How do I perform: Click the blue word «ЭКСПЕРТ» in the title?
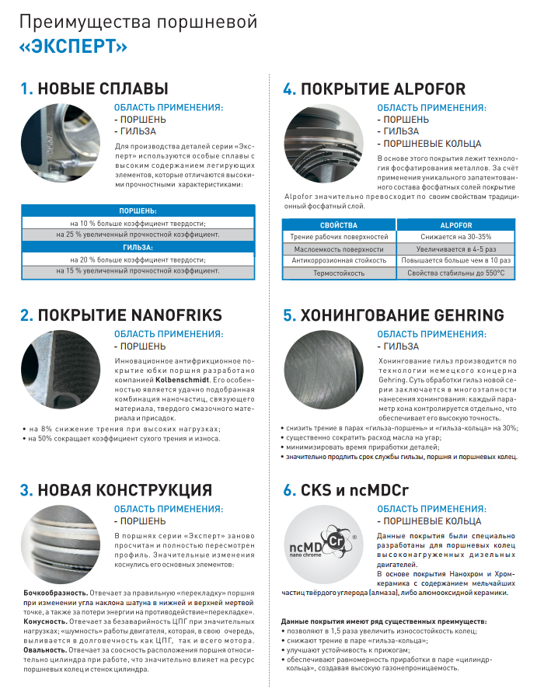coord(75,47)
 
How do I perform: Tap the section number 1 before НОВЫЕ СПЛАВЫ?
coord(26,89)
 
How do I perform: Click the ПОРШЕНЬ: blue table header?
coord(137,211)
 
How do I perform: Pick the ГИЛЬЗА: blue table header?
coord(137,247)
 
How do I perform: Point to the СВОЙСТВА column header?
coord(338,224)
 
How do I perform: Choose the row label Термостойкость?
coord(338,273)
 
